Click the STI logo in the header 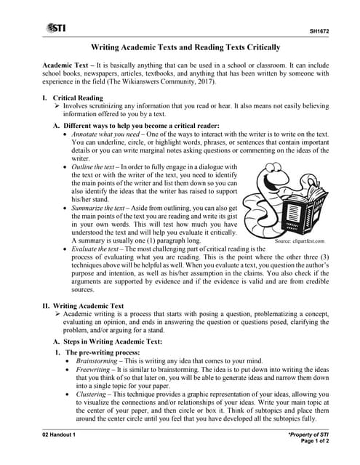(55, 28)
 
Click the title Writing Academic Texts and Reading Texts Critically (180, 47)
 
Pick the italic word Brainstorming (100, 360)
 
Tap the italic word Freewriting (95, 370)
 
